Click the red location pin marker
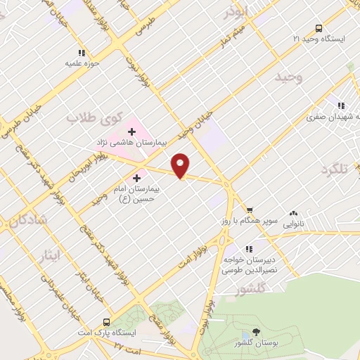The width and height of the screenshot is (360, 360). [181, 165]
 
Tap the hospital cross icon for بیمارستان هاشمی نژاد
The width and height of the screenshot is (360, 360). [131, 131]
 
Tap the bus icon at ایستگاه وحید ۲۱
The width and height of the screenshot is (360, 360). [319, 29]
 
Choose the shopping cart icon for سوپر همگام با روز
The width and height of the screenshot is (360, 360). [249, 210]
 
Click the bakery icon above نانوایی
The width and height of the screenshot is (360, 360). [293, 214]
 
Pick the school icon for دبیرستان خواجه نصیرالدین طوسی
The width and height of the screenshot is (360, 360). [248, 248]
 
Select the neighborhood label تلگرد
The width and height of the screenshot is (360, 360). [335, 170]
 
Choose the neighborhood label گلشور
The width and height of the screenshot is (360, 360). [252, 288]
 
